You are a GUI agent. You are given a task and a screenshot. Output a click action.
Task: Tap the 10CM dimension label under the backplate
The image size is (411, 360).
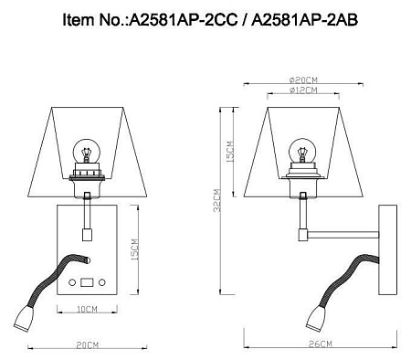click(87, 310)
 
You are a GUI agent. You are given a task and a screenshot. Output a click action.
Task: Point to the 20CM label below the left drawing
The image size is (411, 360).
click(87, 346)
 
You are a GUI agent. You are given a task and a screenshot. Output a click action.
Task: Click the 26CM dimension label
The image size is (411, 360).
click(320, 342)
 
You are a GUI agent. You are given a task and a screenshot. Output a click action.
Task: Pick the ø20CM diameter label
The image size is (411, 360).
click(298, 79)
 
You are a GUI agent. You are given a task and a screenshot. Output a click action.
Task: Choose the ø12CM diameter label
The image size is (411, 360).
click(298, 92)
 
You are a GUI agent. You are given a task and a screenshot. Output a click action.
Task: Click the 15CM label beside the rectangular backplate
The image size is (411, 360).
click(134, 248)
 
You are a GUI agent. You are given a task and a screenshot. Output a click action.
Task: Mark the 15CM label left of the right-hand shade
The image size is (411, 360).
click(230, 152)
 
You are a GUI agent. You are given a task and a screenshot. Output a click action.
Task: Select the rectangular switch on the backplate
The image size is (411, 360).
click(88, 283)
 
